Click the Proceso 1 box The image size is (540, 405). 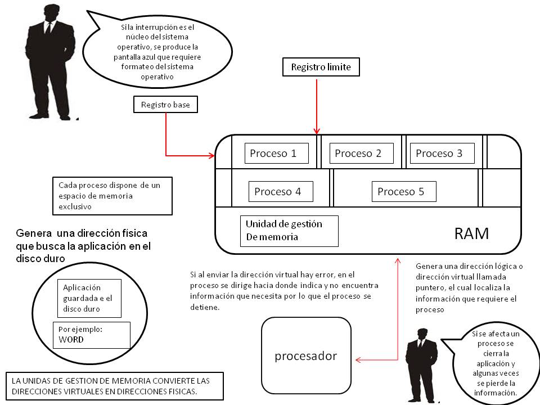click(277, 153)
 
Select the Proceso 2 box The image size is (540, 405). click(361, 153)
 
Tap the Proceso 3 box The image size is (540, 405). click(442, 153)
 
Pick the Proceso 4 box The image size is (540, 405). click(281, 191)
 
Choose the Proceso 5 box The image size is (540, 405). click(404, 191)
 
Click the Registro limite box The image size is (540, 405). click(321, 67)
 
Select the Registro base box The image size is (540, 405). click(165, 105)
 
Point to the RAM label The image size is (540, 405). click(471, 234)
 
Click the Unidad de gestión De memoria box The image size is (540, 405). click(289, 231)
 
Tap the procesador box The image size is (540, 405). click(306, 355)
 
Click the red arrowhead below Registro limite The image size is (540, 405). click(317, 131)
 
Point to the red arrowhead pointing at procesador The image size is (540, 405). click(358, 360)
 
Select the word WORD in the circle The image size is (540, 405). click(71, 340)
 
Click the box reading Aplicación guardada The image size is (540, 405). click(89, 298)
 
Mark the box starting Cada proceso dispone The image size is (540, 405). click(112, 196)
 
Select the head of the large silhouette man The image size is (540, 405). click(52, 13)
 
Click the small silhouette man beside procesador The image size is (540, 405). click(421, 366)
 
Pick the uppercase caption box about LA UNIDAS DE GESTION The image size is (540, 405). click(115, 386)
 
